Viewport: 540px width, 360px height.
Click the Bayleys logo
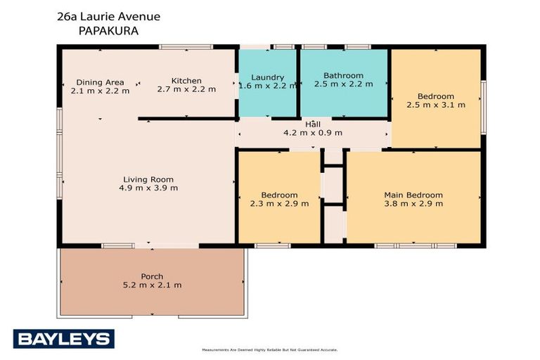[63, 339]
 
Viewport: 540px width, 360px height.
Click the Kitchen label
[186, 81]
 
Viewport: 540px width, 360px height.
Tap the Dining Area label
[100, 82]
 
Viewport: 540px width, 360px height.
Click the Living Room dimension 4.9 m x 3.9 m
[148, 188]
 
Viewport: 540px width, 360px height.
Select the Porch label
[152, 276]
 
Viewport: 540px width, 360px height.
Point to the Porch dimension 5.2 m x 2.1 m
[152, 285]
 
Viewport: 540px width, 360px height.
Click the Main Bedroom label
[413, 195]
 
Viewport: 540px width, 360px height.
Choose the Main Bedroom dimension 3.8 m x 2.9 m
[413, 203]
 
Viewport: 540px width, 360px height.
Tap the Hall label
[312, 124]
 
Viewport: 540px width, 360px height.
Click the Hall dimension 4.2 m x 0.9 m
[312, 132]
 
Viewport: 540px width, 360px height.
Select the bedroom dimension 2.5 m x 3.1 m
[436, 105]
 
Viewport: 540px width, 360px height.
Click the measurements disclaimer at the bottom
[269, 349]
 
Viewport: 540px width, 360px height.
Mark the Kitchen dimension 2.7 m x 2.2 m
[186, 89]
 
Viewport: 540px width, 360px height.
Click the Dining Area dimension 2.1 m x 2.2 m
[100, 90]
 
